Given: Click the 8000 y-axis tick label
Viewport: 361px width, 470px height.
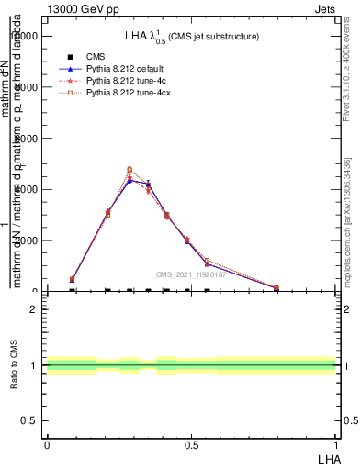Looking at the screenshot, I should (28, 87).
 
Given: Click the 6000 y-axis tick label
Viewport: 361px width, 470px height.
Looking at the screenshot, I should (28, 139).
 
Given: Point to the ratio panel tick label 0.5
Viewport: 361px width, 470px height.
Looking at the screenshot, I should (30, 420).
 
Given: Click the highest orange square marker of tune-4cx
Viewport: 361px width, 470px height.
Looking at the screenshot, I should (130, 170).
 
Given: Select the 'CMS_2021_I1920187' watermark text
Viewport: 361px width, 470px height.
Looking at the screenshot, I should (190, 274).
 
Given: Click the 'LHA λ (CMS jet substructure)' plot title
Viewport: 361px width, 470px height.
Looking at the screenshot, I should (192, 36).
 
